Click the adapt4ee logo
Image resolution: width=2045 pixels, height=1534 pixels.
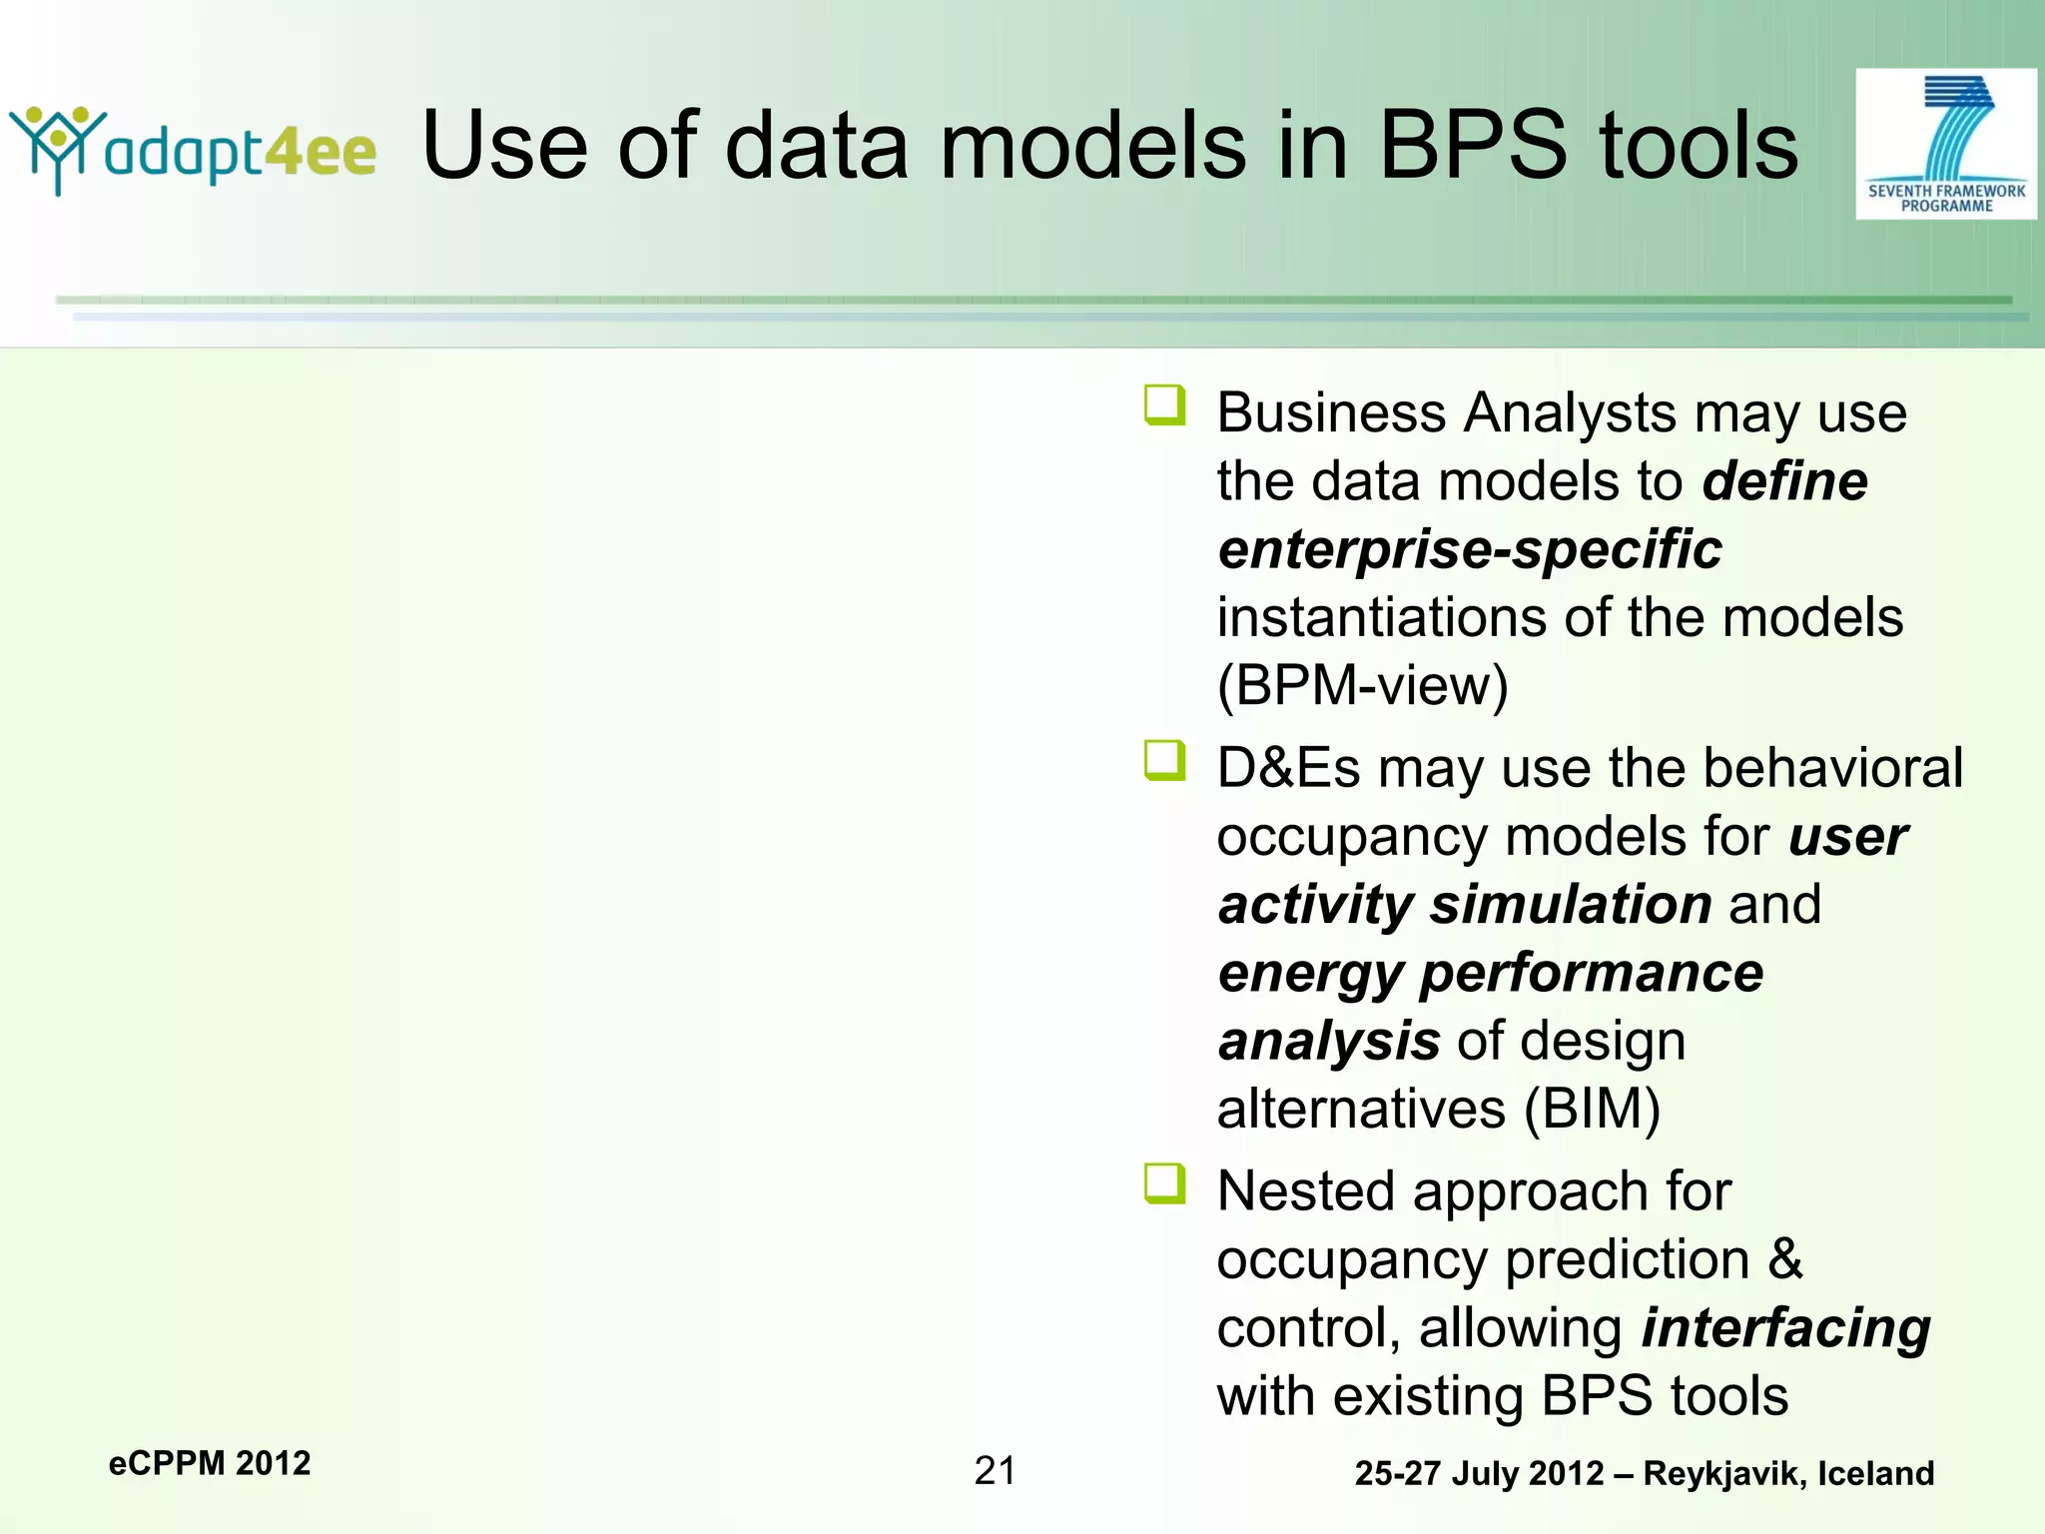(x=193, y=150)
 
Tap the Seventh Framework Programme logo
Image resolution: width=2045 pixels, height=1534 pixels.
(x=1945, y=144)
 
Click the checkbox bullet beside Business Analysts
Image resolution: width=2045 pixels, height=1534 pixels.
(x=1164, y=405)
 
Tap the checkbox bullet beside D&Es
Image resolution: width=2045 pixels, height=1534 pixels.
(x=1164, y=761)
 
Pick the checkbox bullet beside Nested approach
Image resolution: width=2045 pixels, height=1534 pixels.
(x=1164, y=1184)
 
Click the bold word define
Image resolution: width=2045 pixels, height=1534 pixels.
(x=1784, y=481)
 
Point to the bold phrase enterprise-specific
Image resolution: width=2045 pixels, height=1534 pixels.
(x=1470, y=549)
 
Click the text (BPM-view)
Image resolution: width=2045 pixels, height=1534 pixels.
(x=1362, y=686)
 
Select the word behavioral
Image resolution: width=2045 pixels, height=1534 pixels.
(x=1832, y=768)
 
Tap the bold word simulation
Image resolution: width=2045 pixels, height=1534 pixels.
(x=1571, y=905)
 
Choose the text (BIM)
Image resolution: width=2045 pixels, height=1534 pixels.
(x=1592, y=1110)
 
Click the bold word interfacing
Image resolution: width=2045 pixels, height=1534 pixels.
(x=1785, y=1328)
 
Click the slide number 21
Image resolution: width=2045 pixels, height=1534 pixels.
(x=995, y=1471)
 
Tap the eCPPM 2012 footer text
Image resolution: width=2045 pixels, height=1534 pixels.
(x=210, y=1463)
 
